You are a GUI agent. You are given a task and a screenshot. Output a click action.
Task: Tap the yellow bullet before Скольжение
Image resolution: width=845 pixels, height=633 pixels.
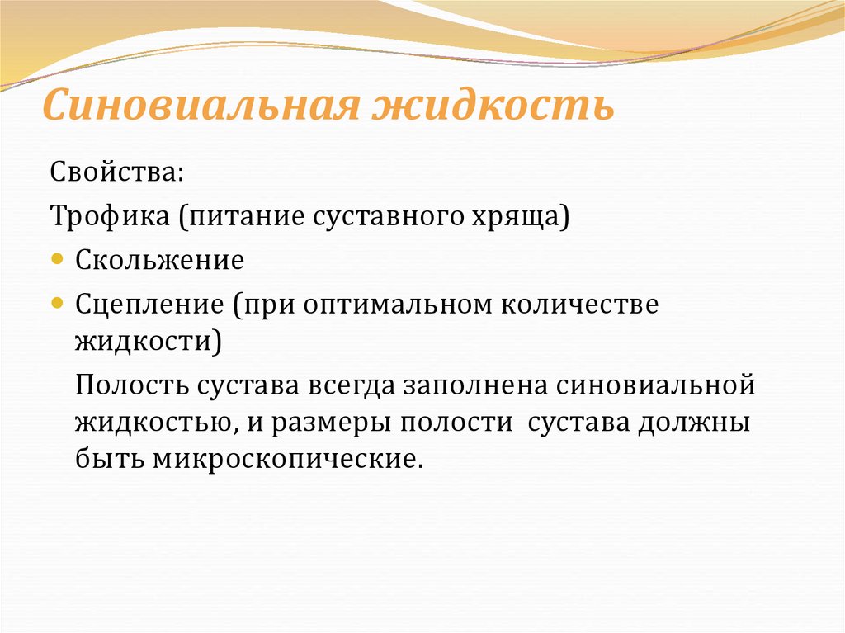click(x=57, y=258)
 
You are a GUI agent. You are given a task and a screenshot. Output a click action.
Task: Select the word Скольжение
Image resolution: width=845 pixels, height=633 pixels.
click(x=160, y=261)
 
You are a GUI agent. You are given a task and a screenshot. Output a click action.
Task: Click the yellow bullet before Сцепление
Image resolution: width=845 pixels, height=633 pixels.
click(x=57, y=302)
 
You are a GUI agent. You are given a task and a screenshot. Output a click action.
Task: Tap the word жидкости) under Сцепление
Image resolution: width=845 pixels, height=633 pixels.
click(x=148, y=341)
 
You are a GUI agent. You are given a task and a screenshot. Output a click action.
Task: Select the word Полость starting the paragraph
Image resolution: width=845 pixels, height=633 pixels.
click(x=129, y=385)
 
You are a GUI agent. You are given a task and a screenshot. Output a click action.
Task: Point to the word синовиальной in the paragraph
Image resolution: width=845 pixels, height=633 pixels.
click(x=656, y=385)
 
